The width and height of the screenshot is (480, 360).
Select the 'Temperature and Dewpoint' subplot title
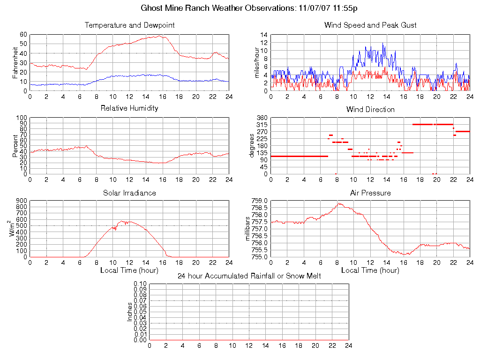[x=129, y=25]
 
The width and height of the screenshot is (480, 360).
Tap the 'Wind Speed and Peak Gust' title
[x=370, y=25]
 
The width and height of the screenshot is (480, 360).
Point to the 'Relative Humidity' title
[x=129, y=108]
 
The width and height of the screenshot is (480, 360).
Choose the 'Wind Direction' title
[x=370, y=109]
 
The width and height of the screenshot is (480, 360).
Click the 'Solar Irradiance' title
[x=129, y=193]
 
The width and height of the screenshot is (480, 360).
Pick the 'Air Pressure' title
[x=370, y=193]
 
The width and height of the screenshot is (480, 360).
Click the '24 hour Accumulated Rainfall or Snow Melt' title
[x=249, y=276]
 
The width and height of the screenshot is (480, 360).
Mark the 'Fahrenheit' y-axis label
[x=15, y=62]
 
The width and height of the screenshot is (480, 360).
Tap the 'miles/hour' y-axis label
[x=256, y=62]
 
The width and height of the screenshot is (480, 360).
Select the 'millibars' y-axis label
[x=248, y=229]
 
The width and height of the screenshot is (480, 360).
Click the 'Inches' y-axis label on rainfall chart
[x=130, y=312]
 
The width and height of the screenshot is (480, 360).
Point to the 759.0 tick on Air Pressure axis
[x=260, y=201]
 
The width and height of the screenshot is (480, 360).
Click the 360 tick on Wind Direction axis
[x=262, y=118]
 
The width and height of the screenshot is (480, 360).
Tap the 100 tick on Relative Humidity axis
[x=22, y=118]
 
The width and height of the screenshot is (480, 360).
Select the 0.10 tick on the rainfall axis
[x=140, y=284]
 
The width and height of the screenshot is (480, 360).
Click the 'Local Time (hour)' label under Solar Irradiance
[x=129, y=270]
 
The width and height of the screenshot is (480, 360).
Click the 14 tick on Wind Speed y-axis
[x=264, y=35]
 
